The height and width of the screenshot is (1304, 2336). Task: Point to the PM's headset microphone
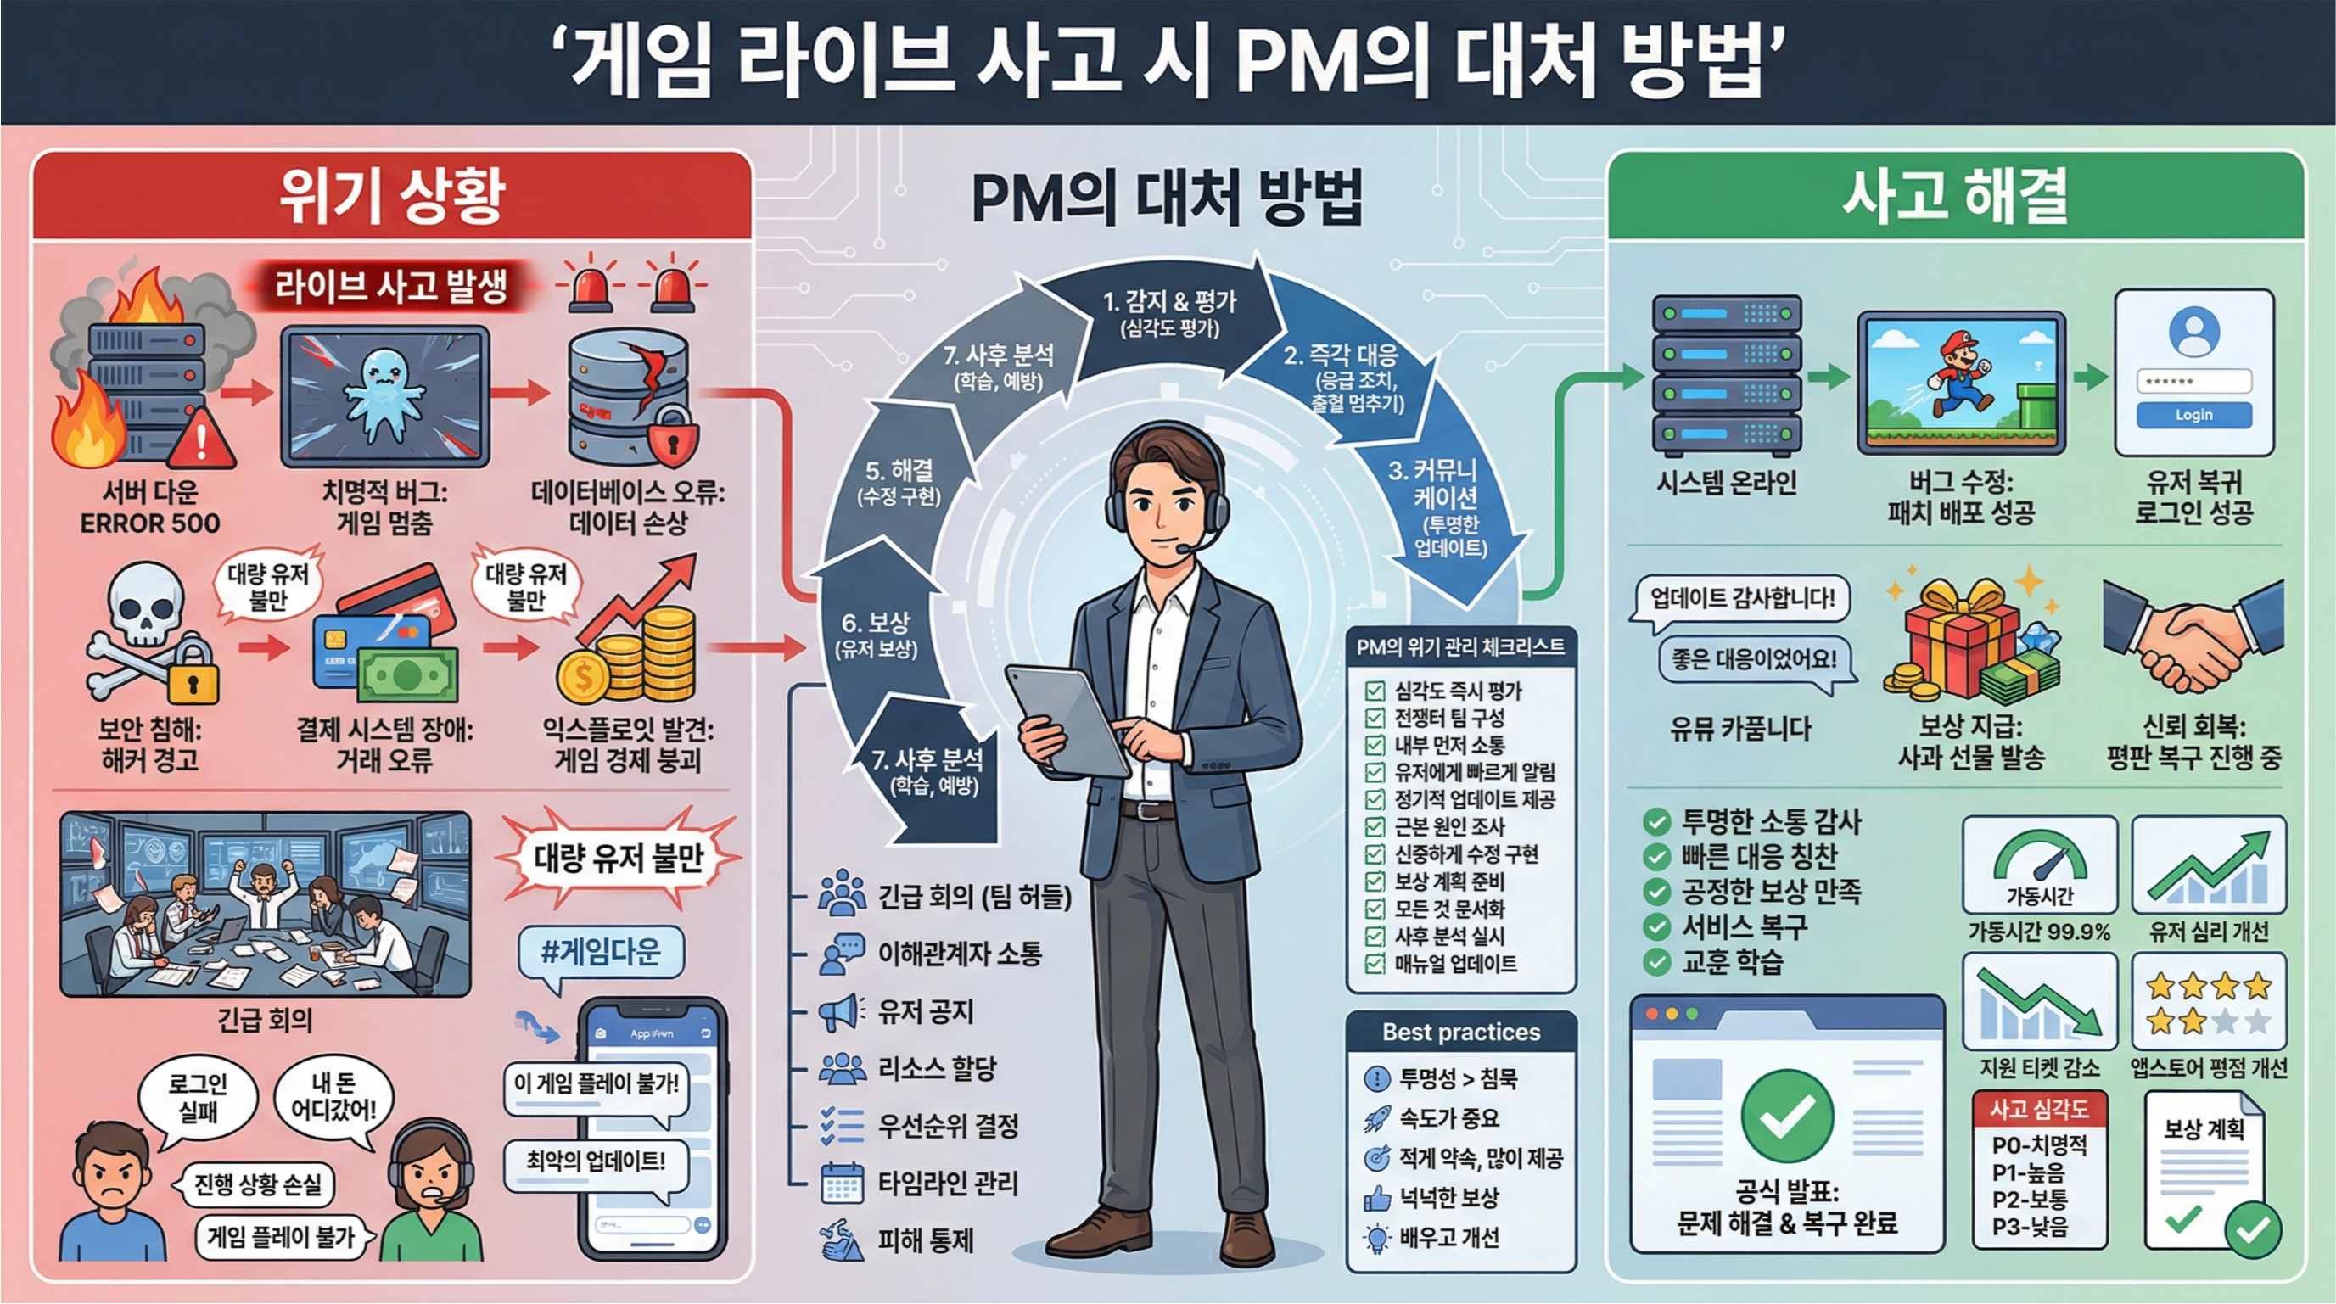[x=1185, y=548]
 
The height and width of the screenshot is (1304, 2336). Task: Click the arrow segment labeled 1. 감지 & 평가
[x=1170, y=313]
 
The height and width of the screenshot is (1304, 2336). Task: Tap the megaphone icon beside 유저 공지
[x=839, y=1011]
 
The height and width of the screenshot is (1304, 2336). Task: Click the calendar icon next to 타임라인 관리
[x=841, y=1184]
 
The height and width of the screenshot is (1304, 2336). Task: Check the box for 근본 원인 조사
[x=1375, y=827]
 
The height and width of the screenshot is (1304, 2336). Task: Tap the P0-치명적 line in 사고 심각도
[x=2038, y=1145]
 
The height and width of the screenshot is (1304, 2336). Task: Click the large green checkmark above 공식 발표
[x=1786, y=1116]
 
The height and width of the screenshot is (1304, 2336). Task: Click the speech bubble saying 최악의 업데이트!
[x=596, y=1161]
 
